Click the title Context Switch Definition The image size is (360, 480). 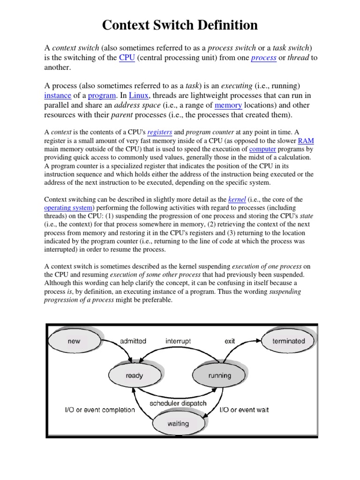click(x=180, y=25)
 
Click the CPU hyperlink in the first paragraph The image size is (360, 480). click(x=127, y=58)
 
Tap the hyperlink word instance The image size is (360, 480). click(x=60, y=96)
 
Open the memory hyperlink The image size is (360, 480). click(x=228, y=105)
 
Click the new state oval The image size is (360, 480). click(x=74, y=341)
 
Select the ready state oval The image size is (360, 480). click(x=134, y=375)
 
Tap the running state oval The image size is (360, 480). click(x=219, y=375)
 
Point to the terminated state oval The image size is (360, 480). click(x=288, y=341)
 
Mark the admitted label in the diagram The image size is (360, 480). click(x=134, y=341)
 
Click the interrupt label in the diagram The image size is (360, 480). click(x=178, y=341)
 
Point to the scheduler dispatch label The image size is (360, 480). click(x=178, y=403)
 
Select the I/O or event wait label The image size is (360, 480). click(x=244, y=410)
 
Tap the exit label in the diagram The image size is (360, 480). click(x=230, y=341)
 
